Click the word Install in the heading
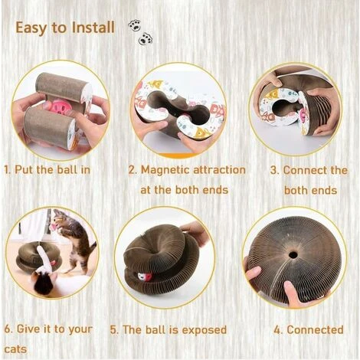[x=93, y=28]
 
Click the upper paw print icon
[x=134, y=25]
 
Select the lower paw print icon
[x=146, y=39]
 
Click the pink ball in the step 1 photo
[x=58, y=109]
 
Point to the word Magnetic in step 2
[x=165, y=170]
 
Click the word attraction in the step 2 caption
[x=219, y=170]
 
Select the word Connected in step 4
[x=315, y=329]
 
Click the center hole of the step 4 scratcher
[x=293, y=254]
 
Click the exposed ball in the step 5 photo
[x=145, y=277]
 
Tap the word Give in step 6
[x=28, y=329]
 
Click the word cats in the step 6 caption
[x=15, y=349]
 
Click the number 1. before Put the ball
[x=8, y=170]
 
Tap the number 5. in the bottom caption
[x=114, y=330]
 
